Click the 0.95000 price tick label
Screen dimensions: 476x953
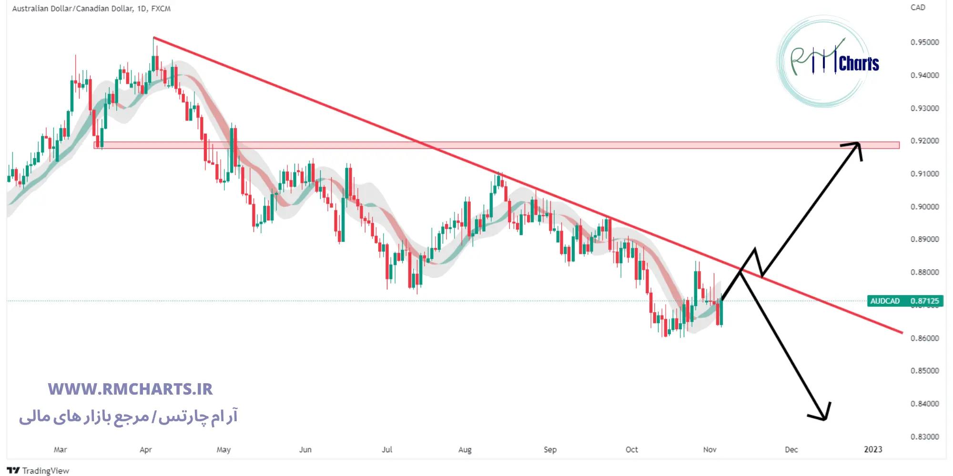coord(924,42)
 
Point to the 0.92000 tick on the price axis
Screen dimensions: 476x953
coord(924,141)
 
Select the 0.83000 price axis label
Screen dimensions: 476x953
coord(924,436)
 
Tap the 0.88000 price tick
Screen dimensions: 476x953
coord(924,272)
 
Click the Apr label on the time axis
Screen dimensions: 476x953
coord(146,450)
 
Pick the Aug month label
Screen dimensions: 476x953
coord(465,450)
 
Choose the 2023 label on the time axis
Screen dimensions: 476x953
coord(873,450)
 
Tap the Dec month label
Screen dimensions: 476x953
coord(791,450)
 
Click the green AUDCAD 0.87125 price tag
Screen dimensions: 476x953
coord(904,301)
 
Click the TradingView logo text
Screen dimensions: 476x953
coord(45,471)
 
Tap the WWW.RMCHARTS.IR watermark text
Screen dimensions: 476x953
coord(130,389)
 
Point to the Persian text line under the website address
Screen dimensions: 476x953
coord(128,417)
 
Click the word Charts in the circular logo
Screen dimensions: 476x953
coord(859,64)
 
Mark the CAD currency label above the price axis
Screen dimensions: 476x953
coord(918,8)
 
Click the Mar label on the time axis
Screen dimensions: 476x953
coord(61,450)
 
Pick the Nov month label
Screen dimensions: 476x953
coord(710,450)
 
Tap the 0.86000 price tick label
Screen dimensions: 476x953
coord(924,338)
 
